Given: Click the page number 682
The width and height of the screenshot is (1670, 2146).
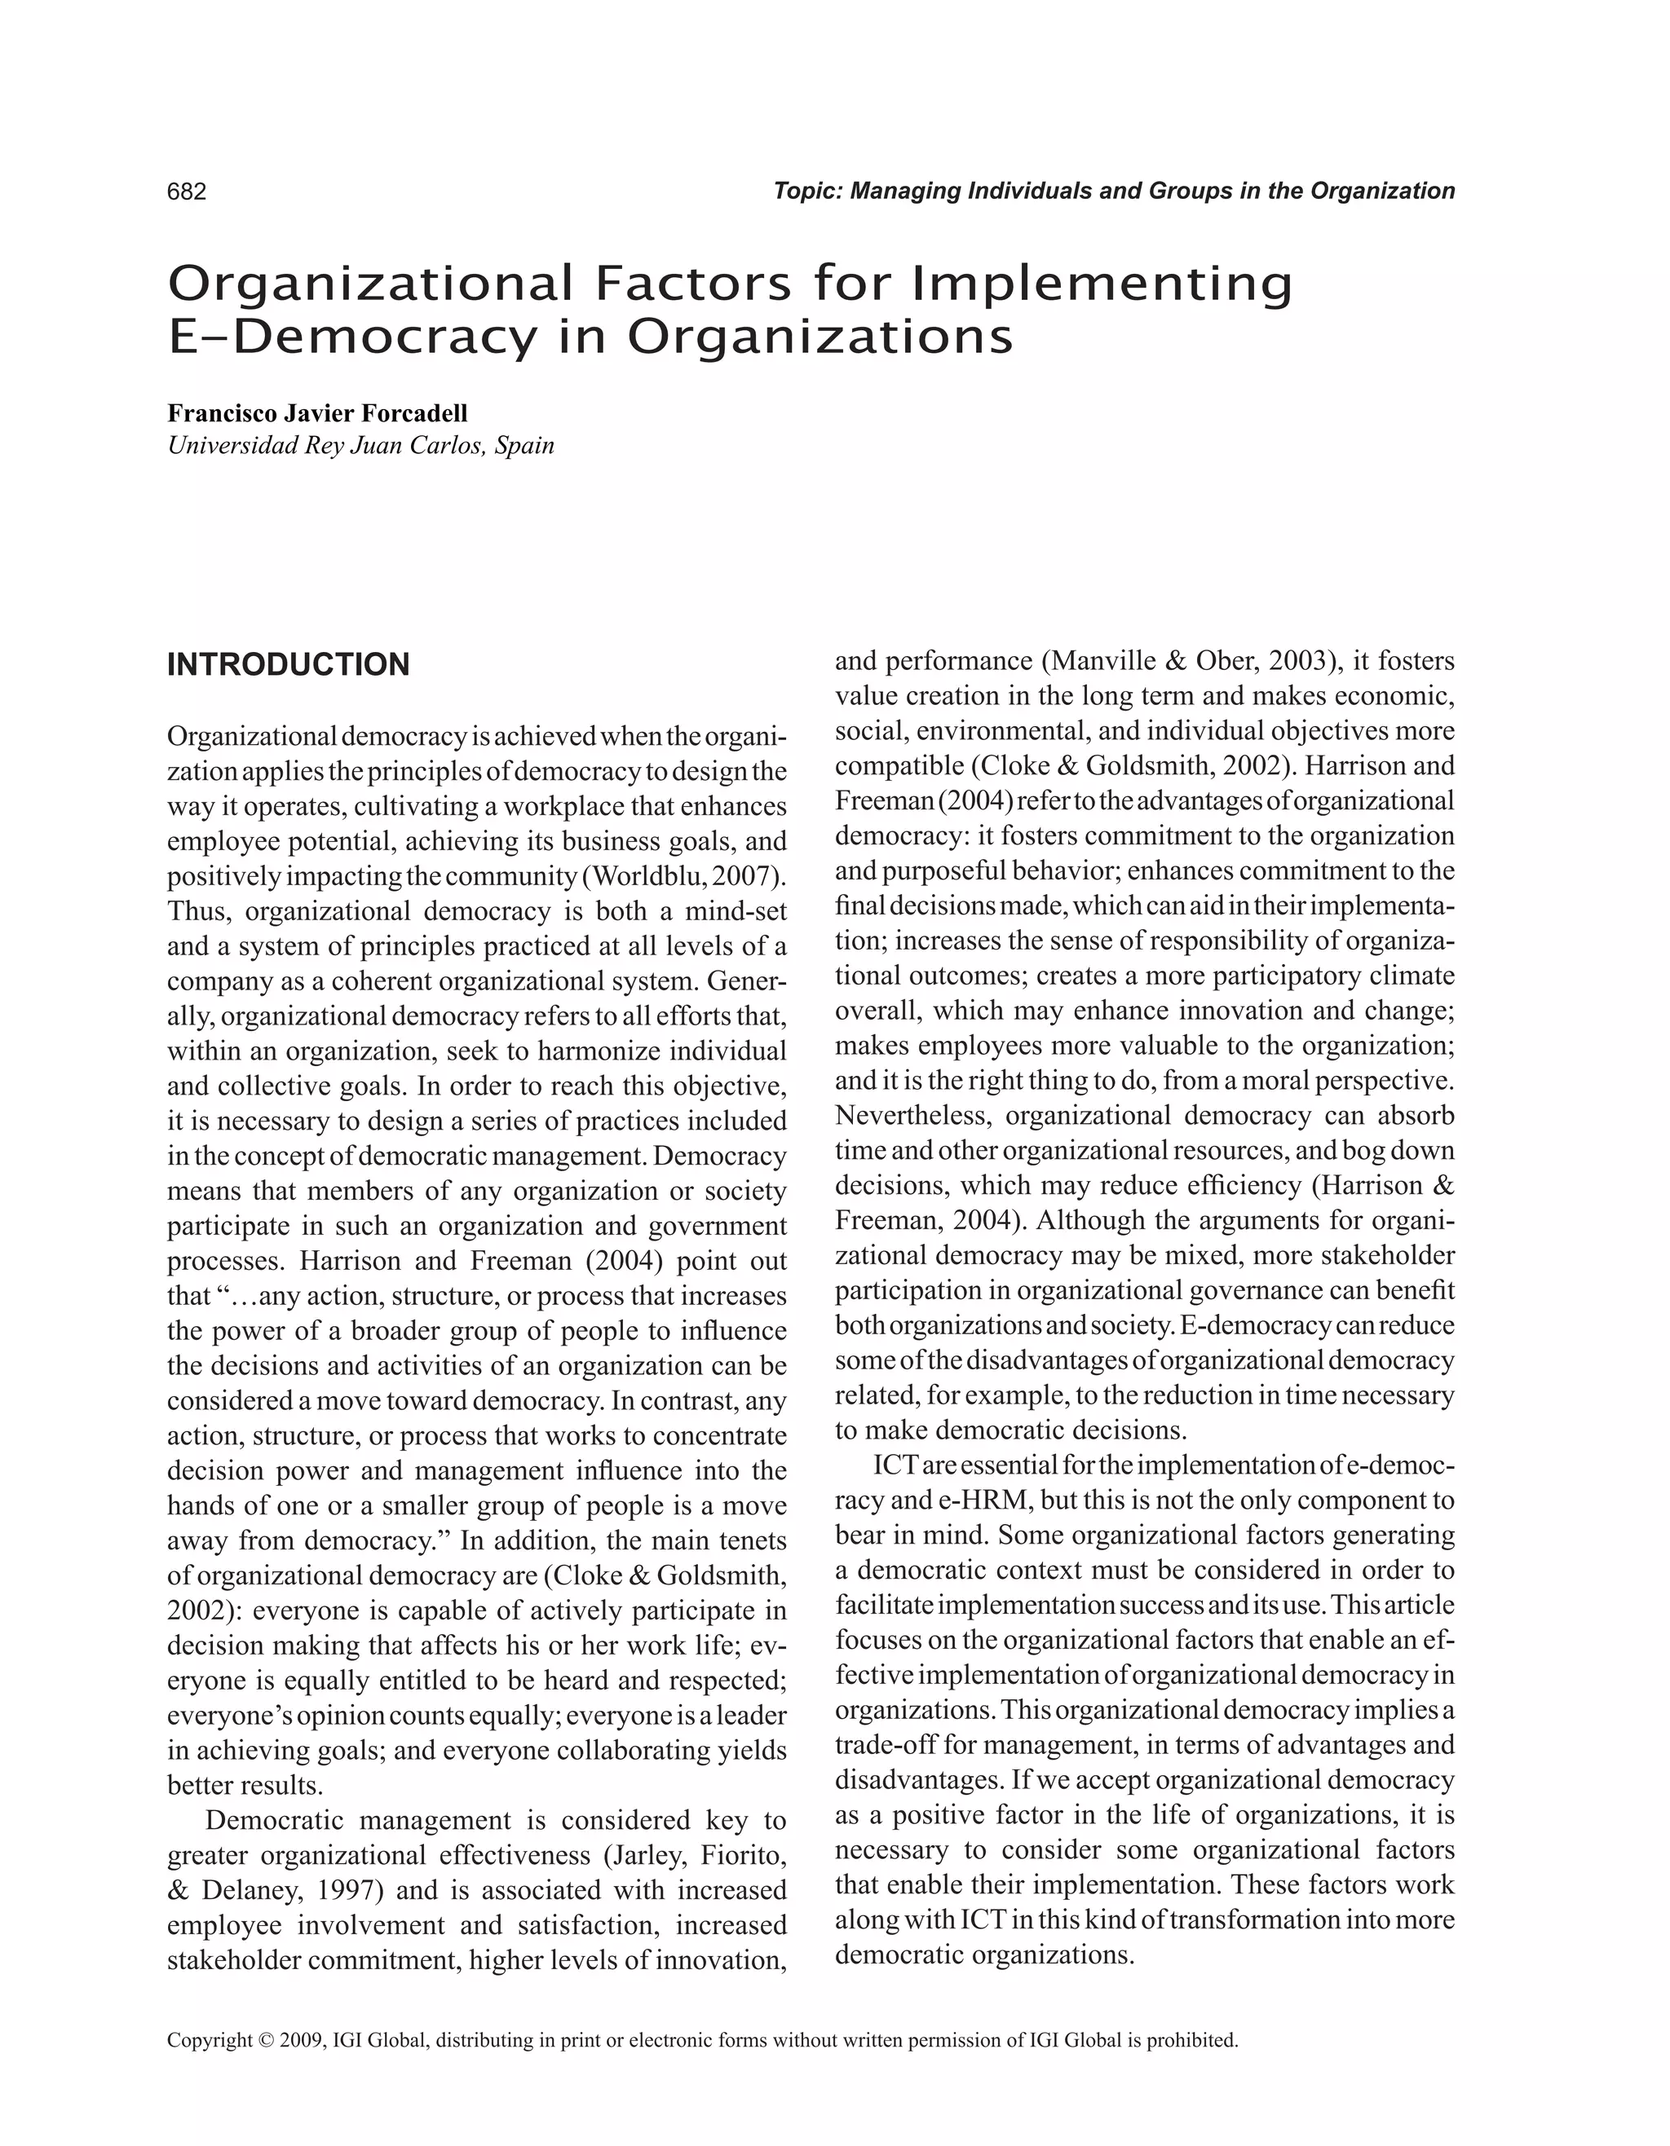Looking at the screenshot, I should coord(187,192).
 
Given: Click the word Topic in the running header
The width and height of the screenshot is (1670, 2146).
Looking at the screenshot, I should coord(805,191).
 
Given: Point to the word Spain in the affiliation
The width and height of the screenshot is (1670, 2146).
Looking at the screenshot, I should coord(525,446).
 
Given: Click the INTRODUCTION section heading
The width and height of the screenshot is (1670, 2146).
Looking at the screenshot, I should coord(288,665).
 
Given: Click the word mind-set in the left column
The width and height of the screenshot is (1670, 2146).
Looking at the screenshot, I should coord(736,912).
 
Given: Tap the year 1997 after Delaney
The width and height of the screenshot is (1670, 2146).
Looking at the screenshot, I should coord(337,1891).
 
